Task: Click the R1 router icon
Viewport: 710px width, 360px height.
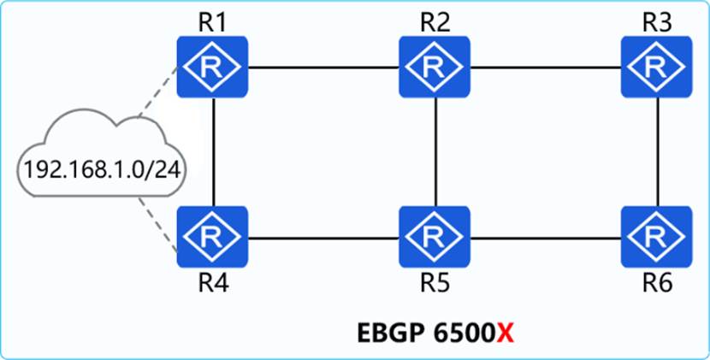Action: tap(212, 67)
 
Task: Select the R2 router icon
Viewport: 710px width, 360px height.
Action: tap(435, 67)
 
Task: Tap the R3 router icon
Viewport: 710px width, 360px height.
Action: tap(656, 67)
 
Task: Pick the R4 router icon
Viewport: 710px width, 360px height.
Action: tap(212, 237)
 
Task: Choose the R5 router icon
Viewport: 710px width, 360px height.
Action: tap(435, 237)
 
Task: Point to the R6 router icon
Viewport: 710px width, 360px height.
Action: tap(656, 237)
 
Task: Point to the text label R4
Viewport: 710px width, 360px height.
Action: tap(213, 284)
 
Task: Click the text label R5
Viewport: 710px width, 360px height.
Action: tap(435, 284)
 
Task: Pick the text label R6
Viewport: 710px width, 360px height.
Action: tap(658, 284)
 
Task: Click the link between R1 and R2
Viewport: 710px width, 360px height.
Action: tap(323, 68)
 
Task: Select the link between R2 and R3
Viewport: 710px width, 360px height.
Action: tap(545, 68)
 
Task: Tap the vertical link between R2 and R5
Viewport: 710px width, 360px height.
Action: tap(435, 152)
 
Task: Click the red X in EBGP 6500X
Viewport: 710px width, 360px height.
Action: tap(506, 334)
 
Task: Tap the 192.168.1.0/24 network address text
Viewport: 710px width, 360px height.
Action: tap(103, 170)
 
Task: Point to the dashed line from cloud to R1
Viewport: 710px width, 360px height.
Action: tap(157, 92)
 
